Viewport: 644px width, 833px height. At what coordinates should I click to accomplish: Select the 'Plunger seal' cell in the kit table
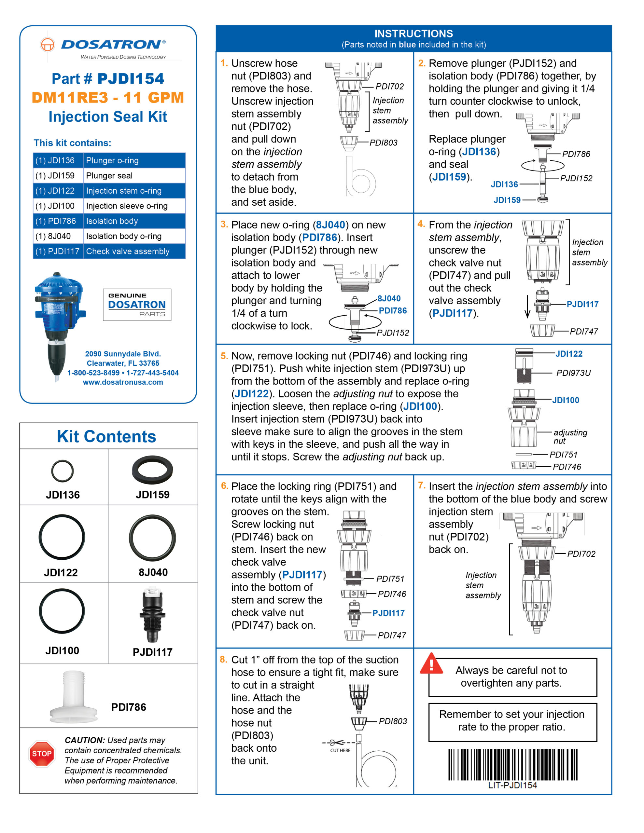tap(134, 175)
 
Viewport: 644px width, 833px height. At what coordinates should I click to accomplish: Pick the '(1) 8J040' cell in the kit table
tap(58, 236)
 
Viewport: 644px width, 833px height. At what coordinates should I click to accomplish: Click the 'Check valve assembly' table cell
tap(134, 251)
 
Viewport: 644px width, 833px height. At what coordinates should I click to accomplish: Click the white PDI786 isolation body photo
tap(73, 697)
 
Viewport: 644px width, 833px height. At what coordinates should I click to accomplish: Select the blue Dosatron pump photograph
tap(60, 324)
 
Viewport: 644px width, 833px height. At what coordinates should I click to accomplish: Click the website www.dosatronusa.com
tap(123, 382)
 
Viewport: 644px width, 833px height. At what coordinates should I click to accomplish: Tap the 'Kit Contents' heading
tap(106, 436)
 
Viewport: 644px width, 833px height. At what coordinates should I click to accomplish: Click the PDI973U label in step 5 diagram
tap(573, 373)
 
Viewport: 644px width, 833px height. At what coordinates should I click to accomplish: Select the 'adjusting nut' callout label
tap(570, 436)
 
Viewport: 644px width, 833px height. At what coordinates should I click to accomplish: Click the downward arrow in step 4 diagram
tap(527, 307)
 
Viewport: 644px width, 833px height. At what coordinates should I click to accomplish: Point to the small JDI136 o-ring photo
tap(62, 471)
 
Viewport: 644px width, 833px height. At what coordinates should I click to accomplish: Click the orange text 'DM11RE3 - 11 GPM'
tap(108, 98)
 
